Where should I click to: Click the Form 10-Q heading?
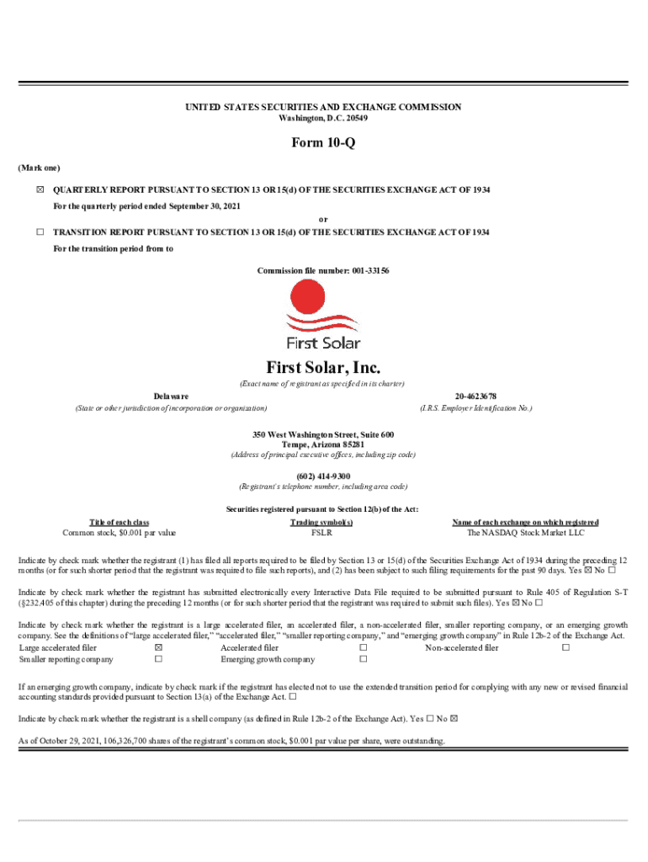tap(323, 143)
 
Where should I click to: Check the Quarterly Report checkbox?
tap(39, 190)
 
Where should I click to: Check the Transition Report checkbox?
tap(39, 231)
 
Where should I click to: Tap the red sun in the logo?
tap(306, 298)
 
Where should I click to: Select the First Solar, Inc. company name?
tap(323, 368)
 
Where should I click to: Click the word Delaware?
tap(171, 396)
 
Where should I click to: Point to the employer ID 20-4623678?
tap(475, 396)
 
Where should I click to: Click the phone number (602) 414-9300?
tap(323, 476)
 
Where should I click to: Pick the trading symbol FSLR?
tap(321, 533)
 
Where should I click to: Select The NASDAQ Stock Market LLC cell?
tap(525, 533)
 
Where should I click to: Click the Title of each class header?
tap(119, 522)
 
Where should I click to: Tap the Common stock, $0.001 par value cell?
tap(119, 533)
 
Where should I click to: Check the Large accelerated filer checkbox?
tap(157, 648)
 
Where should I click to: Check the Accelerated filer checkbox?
tap(364, 648)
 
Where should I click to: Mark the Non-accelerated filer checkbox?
tap(566, 648)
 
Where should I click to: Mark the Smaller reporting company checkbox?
tap(157, 660)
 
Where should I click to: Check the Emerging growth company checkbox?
tap(364, 660)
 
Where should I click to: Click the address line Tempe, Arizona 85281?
tap(323, 444)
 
